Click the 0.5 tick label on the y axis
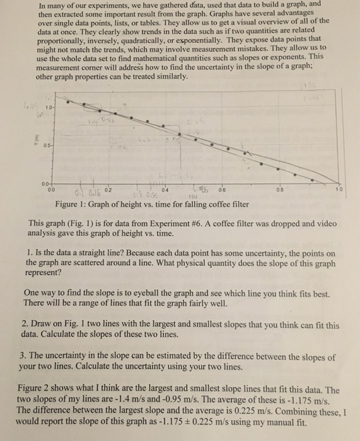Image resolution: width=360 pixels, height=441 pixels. tap(47, 142)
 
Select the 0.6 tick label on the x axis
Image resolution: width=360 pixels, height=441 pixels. tap(222, 188)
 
